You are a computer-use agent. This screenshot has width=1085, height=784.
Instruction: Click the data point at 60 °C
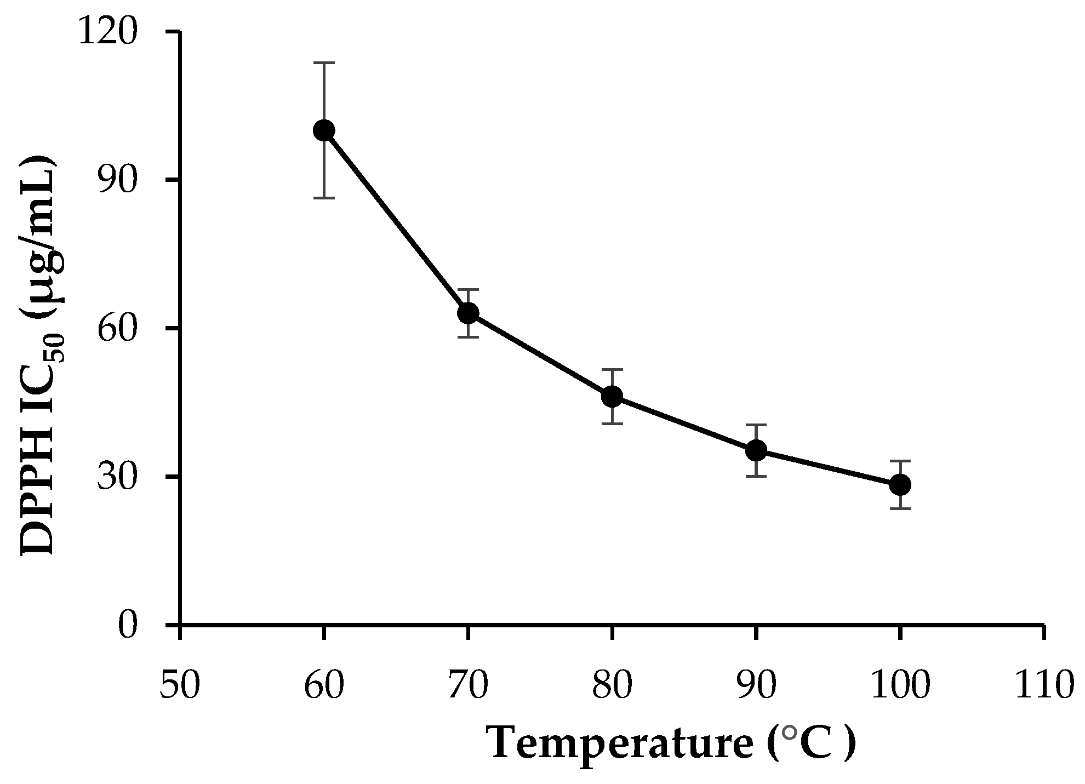324,130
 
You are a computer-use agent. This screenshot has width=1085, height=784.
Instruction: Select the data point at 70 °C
468,313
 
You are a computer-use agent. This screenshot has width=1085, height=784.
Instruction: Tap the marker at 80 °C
612,396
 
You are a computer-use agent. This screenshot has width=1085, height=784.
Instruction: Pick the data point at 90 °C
756,450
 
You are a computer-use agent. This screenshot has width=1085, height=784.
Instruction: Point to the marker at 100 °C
900,484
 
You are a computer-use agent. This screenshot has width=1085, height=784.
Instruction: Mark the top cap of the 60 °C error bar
324,63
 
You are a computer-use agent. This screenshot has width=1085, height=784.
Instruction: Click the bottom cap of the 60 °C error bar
324,198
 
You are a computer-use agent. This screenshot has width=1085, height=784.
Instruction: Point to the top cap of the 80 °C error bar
612,369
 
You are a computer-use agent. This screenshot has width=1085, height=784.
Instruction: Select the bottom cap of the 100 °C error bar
900,508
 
